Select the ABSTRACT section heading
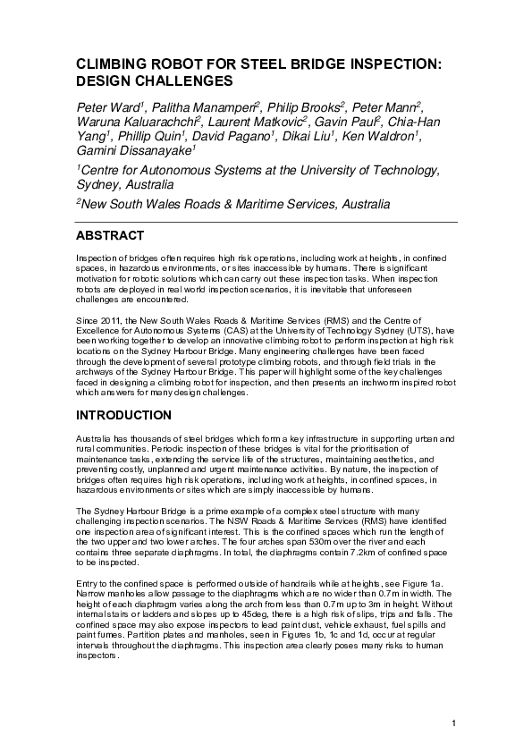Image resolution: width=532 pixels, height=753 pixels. point(109,236)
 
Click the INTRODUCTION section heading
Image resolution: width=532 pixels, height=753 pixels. point(123,415)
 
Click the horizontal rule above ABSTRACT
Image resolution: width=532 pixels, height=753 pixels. point(266,222)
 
